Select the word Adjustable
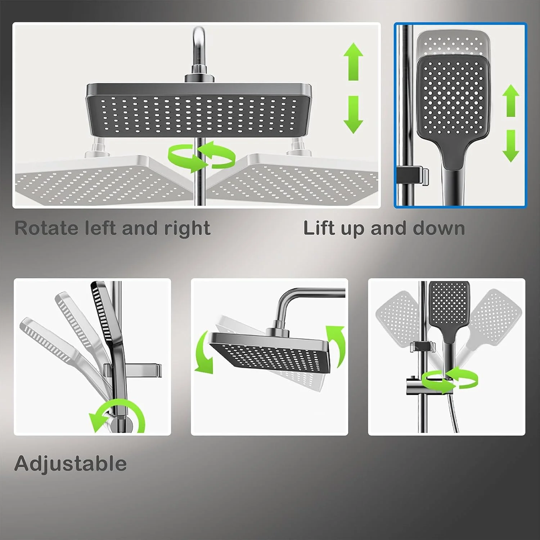[x=71, y=464]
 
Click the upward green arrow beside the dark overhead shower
[x=353, y=62]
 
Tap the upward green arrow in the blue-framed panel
[x=511, y=100]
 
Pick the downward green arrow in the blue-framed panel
[x=511, y=146]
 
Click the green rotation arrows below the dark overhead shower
[x=202, y=157]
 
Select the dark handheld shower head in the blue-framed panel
[x=453, y=108]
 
